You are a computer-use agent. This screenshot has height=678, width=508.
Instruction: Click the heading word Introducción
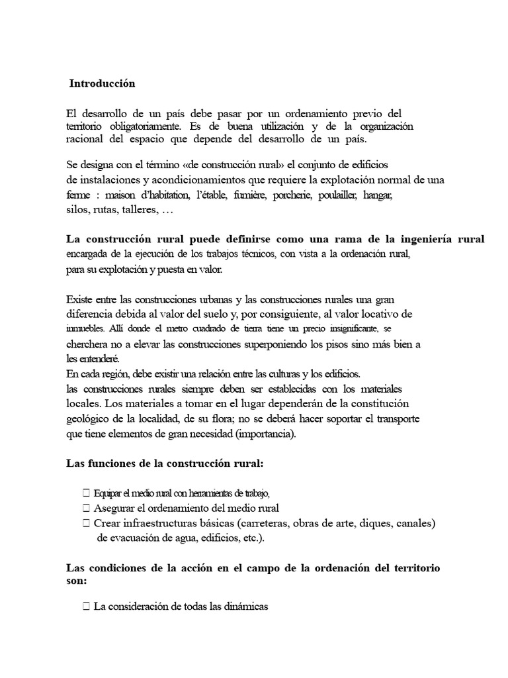coord(103,84)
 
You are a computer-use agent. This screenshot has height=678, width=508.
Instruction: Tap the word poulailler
coord(339,195)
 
